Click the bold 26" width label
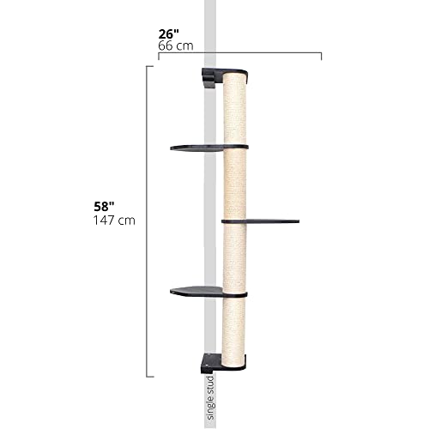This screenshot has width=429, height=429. pos(169,34)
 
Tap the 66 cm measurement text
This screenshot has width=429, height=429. pos(176,45)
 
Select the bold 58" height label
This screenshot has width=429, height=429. pos(104,206)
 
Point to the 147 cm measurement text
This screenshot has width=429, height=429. pos(114,221)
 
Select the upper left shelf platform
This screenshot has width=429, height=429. pos(197,148)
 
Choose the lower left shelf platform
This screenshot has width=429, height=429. pos(196,291)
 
